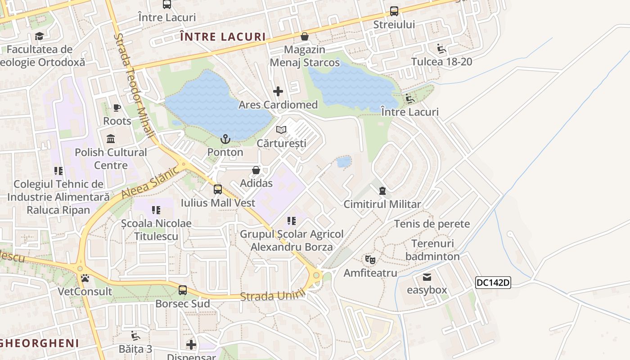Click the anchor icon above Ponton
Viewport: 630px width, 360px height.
tap(225, 139)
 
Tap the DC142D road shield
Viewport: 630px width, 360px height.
tap(493, 283)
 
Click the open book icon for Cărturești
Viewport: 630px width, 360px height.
tap(281, 130)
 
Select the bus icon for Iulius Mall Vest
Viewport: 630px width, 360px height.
tap(218, 189)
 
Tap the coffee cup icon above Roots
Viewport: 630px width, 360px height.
tap(117, 108)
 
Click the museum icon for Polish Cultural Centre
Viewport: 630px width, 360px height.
tap(111, 139)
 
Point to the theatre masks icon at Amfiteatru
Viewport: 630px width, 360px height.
tap(370, 259)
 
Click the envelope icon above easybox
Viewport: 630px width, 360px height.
tap(427, 277)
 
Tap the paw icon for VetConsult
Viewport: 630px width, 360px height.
tap(85, 278)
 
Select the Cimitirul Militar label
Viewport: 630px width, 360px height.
tap(382, 204)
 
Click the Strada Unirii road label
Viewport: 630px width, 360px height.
tap(273, 296)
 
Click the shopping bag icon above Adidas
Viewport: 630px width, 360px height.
tap(256, 170)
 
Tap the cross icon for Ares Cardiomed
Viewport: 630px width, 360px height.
tap(278, 91)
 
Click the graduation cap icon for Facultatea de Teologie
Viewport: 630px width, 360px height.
tap(40, 36)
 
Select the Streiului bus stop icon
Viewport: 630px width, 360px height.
tap(394, 11)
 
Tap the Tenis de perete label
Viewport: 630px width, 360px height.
tap(432, 224)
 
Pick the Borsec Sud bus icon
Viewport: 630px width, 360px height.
tap(183, 290)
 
